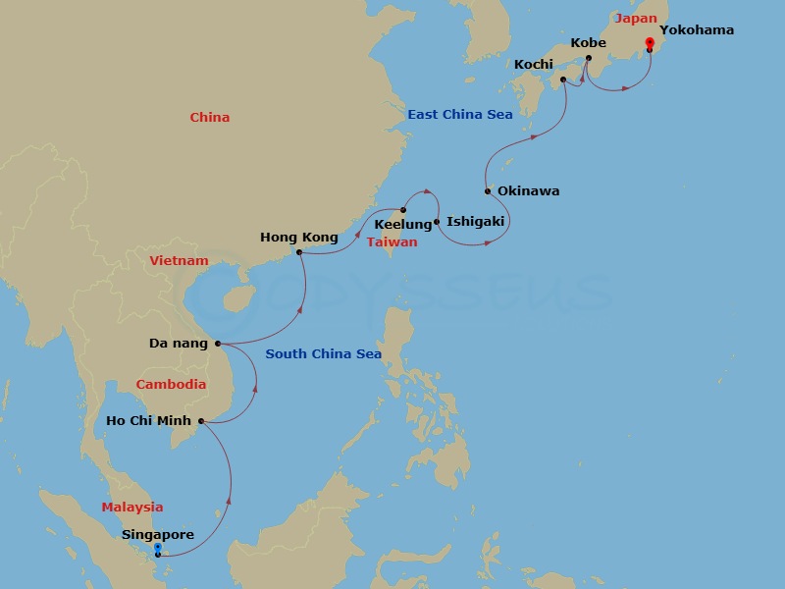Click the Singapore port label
click(158, 535)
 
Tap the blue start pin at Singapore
click(158, 552)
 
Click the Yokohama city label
click(697, 30)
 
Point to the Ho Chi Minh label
click(148, 421)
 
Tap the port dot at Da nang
click(217, 344)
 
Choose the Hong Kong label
click(298, 237)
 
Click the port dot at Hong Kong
click(299, 252)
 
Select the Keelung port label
click(403, 225)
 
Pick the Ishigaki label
click(475, 222)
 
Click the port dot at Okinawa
click(488, 191)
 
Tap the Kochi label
click(534, 65)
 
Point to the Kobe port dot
click(589, 59)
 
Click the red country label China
click(210, 118)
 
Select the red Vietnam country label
click(180, 261)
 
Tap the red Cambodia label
click(171, 385)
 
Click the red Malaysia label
click(132, 508)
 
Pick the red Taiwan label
click(392, 242)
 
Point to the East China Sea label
click(460, 115)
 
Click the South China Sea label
click(323, 354)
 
